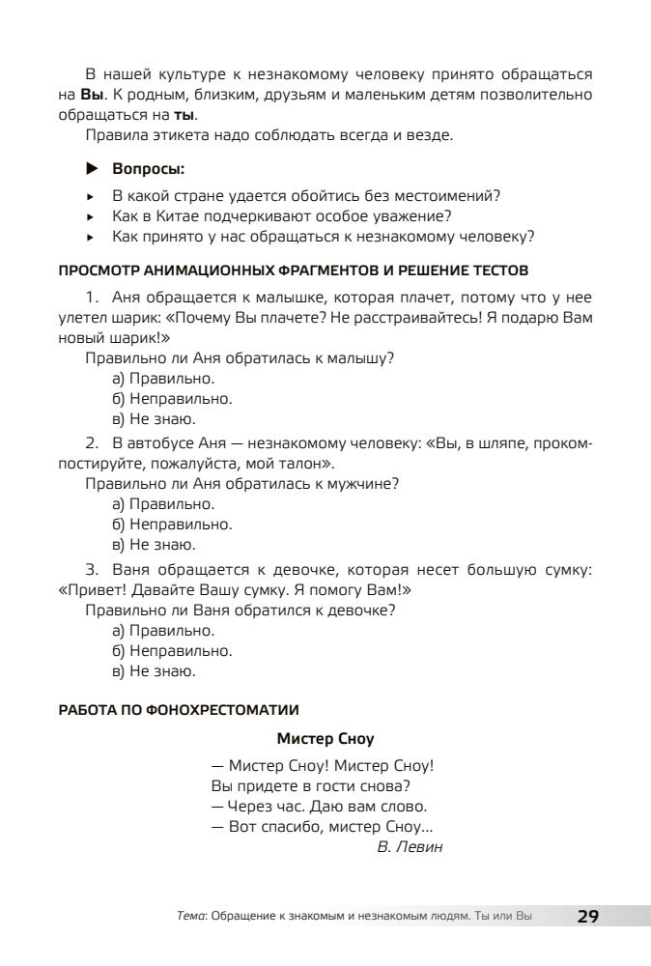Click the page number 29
pos(588,917)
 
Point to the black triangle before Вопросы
pos(93,169)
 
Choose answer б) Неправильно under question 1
pos(172,399)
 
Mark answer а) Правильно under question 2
pos(163,504)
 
